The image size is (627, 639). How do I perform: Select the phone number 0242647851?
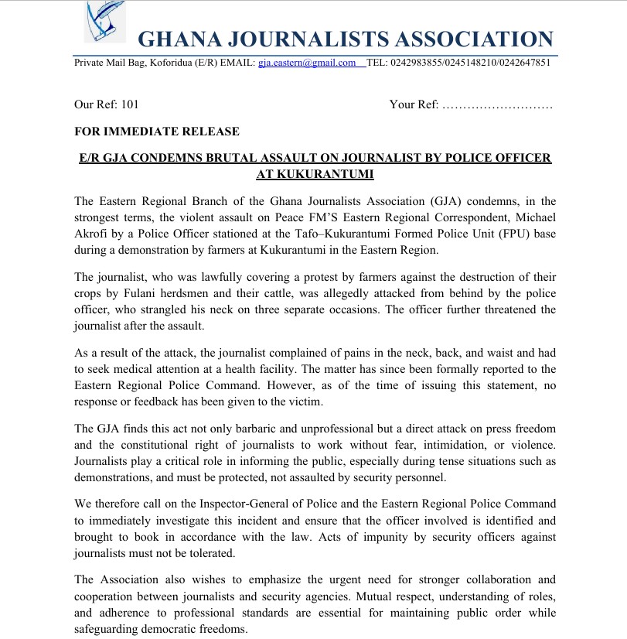(523, 63)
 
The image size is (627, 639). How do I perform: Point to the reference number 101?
(131, 104)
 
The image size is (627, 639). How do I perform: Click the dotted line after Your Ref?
(496, 104)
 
